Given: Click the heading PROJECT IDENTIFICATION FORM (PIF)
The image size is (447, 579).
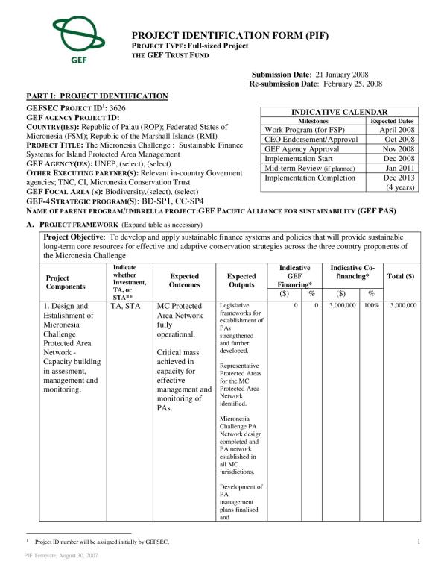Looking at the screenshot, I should (x=229, y=35).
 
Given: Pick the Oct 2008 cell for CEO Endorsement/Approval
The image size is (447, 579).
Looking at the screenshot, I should (x=398, y=139).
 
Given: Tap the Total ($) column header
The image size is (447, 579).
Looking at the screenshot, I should (x=401, y=276).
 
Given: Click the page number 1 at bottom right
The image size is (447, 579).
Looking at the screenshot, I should (x=419, y=541).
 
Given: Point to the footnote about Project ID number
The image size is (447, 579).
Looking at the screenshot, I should (x=101, y=542).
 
